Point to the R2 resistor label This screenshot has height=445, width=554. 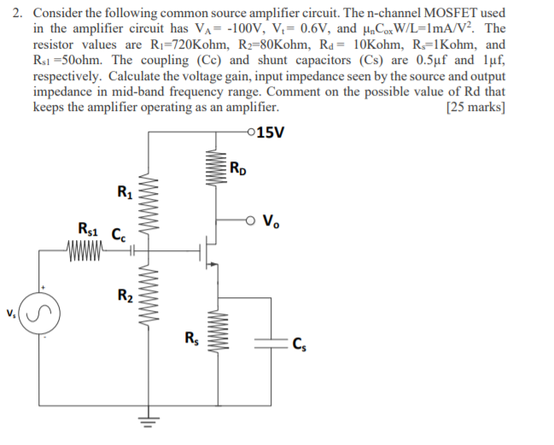coord(125,297)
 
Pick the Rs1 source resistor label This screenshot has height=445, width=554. coord(87,229)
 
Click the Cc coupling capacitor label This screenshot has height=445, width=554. coord(119,229)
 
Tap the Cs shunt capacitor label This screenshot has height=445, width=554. coord(298,345)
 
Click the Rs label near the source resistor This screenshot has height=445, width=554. coord(192,337)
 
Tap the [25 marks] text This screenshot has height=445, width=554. coord(475,108)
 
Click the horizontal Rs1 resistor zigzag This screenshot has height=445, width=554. coord(85,251)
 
